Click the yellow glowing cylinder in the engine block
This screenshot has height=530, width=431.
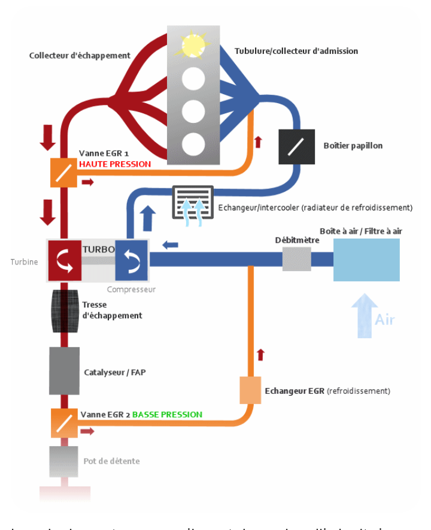click(x=193, y=44)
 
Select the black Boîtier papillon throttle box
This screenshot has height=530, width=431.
click(x=297, y=147)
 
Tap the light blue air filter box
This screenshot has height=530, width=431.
click(x=366, y=260)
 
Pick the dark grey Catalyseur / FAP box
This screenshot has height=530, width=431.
click(x=63, y=372)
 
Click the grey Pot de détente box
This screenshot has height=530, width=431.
click(x=63, y=460)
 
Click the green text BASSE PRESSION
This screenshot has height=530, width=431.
click(x=167, y=414)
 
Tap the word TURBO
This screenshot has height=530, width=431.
click(x=95, y=247)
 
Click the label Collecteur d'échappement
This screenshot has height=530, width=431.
click(x=80, y=56)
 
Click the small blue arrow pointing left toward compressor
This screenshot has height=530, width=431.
click(x=170, y=244)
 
